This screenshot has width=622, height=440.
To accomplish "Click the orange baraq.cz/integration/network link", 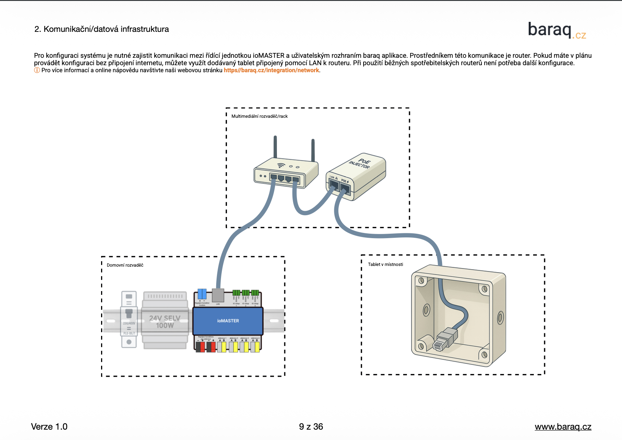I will tap(271, 70).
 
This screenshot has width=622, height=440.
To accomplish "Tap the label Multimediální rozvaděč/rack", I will tap(259, 116).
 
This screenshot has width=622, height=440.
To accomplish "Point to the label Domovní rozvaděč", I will tap(125, 265).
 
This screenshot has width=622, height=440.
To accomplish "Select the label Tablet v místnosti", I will tap(385, 264).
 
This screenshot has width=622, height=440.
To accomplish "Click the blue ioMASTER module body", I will tap(228, 321).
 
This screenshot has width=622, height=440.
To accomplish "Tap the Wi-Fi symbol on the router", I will tap(281, 165).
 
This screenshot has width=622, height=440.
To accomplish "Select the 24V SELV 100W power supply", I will tap(165, 320).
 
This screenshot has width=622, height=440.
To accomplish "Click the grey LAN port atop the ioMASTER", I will tap(218, 296).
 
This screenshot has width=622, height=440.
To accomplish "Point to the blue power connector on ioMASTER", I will tap(202, 294).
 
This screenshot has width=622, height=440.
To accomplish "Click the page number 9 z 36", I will tap(311, 427).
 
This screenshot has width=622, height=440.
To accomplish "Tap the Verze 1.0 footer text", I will tap(49, 427).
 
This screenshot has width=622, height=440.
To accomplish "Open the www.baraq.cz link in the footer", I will tap(563, 427).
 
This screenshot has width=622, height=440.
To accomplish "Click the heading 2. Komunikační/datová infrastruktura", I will tap(101, 29).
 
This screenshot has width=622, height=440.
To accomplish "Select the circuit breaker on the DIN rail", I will tap(129, 319).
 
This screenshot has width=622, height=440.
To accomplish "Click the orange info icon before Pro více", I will tap(37, 70).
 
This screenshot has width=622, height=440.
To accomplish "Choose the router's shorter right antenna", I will tap(313, 150).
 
